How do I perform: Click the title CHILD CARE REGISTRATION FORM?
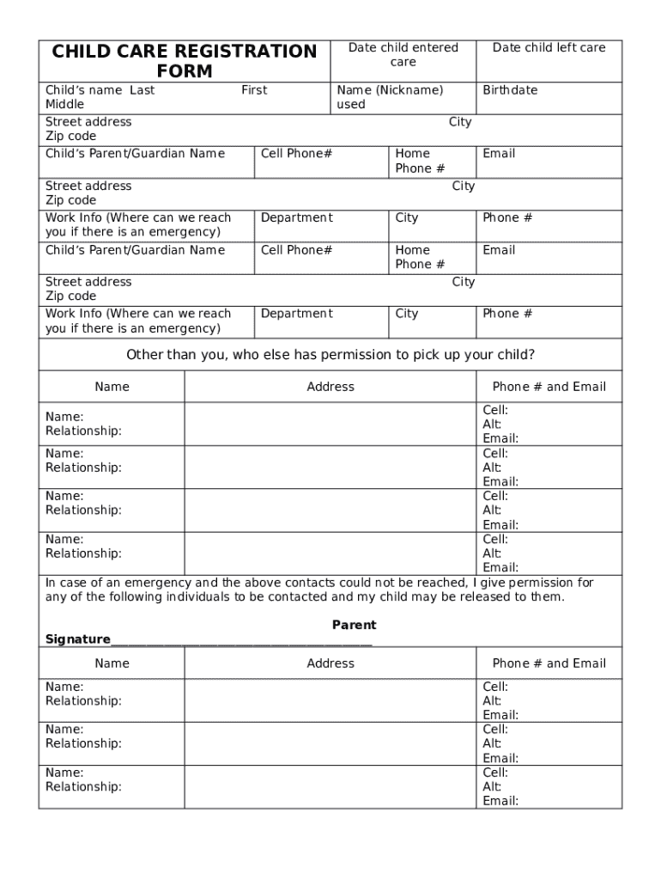click(x=185, y=61)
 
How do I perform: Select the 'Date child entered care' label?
click(x=403, y=55)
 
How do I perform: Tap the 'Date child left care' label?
click(x=549, y=48)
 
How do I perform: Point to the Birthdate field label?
click(x=510, y=90)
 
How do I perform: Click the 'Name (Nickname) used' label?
click(x=390, y=97)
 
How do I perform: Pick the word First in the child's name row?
click(x=254, y=90)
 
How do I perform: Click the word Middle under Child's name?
click(x=65, y=105)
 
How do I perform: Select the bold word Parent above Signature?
click(x=354, y=626)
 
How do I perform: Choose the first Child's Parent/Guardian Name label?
click(x=135, y=154)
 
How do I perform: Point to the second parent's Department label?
click(x=296, y=314)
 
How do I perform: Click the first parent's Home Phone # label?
click(x=420, y=162)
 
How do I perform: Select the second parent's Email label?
click(x=499, y=250)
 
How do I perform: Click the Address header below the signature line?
click(x=330, y=663)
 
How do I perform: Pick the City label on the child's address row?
click(x=460, y=122)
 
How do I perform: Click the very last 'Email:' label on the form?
click(x=500, y=802)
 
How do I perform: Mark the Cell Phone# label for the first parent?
click(x=296, y=154)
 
